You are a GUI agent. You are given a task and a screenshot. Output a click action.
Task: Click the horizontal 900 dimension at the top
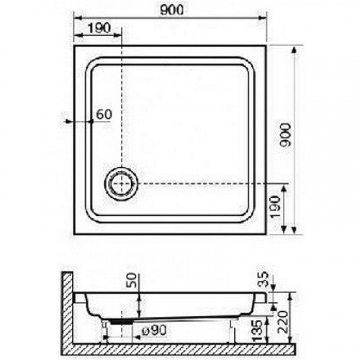pos(171,10)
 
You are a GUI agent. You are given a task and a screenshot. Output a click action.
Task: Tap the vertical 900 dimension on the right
pos(286,135)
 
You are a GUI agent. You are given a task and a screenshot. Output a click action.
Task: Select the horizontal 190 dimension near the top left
pos(99,28)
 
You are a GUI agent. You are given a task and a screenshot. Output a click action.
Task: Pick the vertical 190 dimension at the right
pos(275,207)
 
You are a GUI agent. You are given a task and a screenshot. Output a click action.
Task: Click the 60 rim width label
pos(104,114)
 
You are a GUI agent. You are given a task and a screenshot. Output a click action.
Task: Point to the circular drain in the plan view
pos(122,184)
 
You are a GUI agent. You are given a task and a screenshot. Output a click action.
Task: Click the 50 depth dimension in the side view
pos(132,280)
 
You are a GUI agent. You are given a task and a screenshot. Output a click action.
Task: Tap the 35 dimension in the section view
pos(264,279)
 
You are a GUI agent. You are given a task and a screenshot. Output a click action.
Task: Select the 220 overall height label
pos(283,321)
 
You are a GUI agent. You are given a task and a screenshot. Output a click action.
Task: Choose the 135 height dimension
pos(258,330)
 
